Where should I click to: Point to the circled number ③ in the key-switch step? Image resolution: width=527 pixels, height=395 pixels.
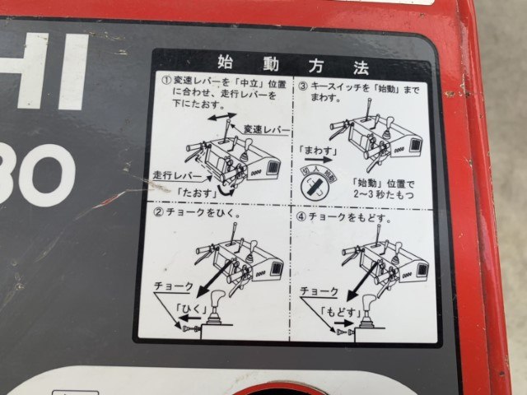coord(302,84)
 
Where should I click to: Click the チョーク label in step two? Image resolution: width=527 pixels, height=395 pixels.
coord(173,286)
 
